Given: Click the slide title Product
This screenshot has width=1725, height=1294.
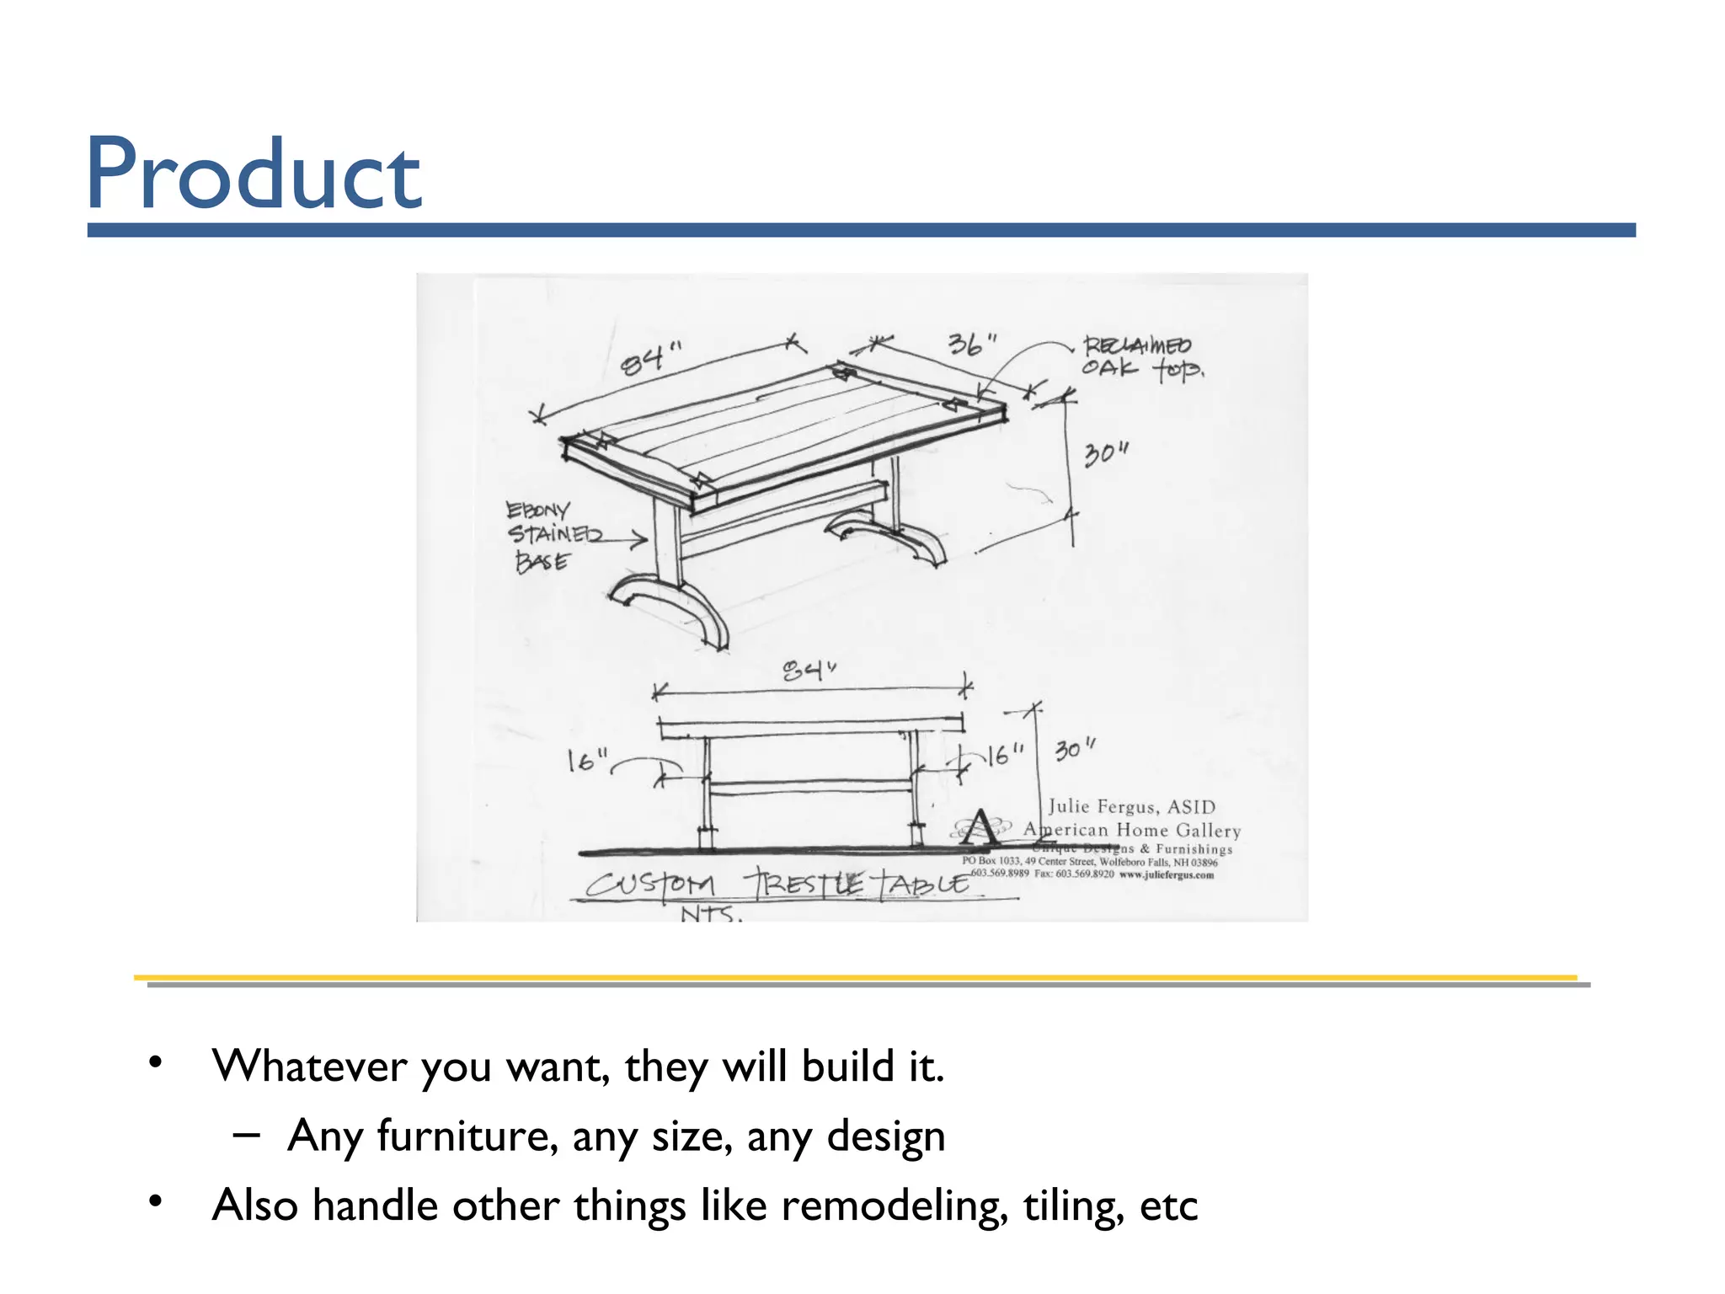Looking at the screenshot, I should point(253,174).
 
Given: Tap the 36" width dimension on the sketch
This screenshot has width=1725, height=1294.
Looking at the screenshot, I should point(971,344).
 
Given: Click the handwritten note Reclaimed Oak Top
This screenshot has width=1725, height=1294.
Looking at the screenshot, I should point(1141,357).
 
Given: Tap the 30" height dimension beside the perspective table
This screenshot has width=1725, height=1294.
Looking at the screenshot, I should point(1105,454).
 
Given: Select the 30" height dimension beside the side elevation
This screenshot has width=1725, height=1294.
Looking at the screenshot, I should point(1075,749).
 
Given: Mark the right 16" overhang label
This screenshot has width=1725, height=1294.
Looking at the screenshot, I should point(1005,755).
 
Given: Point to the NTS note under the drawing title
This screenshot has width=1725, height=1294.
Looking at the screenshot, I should point(710,913).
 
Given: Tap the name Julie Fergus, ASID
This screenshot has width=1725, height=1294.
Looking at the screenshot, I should point(1131,806).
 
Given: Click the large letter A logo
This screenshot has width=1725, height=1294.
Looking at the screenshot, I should point(980,827).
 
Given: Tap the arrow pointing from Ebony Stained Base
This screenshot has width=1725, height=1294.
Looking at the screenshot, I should point(623,538).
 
